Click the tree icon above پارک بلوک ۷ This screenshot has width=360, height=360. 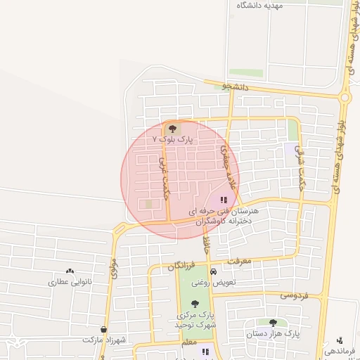pyautogui.click(x=173, y=129)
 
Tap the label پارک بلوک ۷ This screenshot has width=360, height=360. pyautogui.click(x=172, y=140)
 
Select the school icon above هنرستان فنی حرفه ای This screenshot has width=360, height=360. pyautogui.click(x=224, y=200)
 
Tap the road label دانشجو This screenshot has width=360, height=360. pyautogui.click(x=236, y=86)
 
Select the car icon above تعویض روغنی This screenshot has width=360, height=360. pyautogui.click(x=214, y=271)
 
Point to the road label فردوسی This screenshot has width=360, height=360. pyautogui.click(x=295, y=295)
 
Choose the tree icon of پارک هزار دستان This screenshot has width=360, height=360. pyautogui.click(x=273, y=323)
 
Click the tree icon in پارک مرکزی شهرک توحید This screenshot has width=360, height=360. pyautogui.click(x=195, y=304)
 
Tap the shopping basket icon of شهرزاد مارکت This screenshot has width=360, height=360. pyautogui.click(x=104, y=329)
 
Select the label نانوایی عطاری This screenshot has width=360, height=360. pyautogui.click(x=70, y=282)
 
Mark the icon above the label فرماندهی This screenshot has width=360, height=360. pyautogui.click(x=340, y=340)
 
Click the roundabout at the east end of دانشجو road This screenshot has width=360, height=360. pyautogui.click(x=345, y=97)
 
